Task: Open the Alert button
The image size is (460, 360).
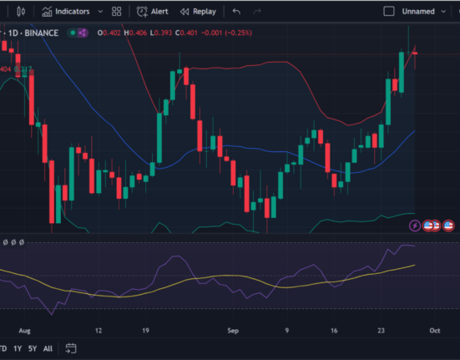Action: (153, 12)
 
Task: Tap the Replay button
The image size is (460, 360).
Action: (197, 12)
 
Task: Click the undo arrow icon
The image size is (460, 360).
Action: (237, 12)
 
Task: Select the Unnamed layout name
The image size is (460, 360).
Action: (417, 12)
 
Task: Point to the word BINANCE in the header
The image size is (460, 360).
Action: (43, 33)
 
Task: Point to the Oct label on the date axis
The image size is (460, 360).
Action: (435, 330)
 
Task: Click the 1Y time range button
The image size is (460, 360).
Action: (17, 348)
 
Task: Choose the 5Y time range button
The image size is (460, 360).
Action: (33, 348)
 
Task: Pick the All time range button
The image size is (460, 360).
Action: (48, 348)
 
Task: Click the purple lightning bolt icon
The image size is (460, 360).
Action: (415, 226)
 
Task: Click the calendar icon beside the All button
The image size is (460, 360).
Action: (71, 348)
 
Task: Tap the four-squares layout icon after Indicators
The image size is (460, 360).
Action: (116, 12)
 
